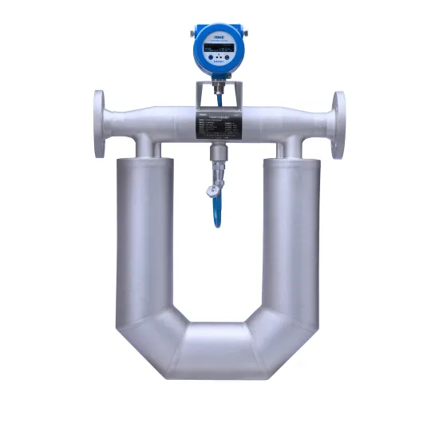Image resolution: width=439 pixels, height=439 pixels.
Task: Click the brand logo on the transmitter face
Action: pos(218,35)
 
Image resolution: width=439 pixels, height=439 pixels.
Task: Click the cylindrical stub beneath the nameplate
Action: pos(217,156)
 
